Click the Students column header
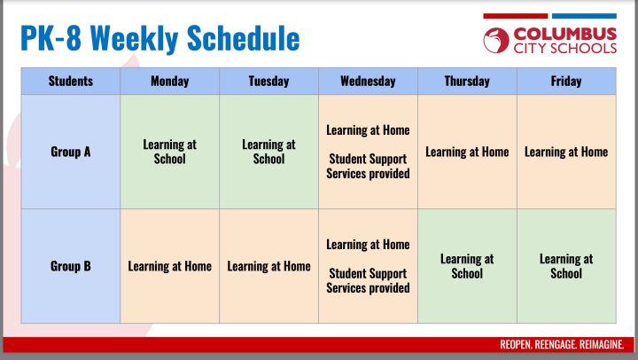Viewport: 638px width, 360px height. (71, 81)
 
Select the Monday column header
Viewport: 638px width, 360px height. (169, 81)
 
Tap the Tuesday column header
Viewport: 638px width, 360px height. (268, 81)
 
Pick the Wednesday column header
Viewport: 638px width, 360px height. (368, 81)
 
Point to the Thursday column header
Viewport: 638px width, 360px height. (467, 81)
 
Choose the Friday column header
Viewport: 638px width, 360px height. (566, 81)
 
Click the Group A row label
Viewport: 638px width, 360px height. (71, 152)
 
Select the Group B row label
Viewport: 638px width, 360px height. (71, 266)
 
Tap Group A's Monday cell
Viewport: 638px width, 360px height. (169, 152)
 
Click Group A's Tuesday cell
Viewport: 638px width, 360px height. (268, 152)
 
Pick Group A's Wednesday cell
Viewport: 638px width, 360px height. (368, 152)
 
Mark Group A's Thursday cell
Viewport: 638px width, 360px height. (467, 152)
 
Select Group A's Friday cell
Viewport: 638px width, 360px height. (566, 152)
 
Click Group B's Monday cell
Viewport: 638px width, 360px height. (169, 266)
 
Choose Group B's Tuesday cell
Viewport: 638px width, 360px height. (268, 266)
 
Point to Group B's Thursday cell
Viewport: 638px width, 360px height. (467, 266)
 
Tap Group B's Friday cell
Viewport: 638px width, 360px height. (566, 266)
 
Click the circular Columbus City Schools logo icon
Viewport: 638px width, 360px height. (496, 40)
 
